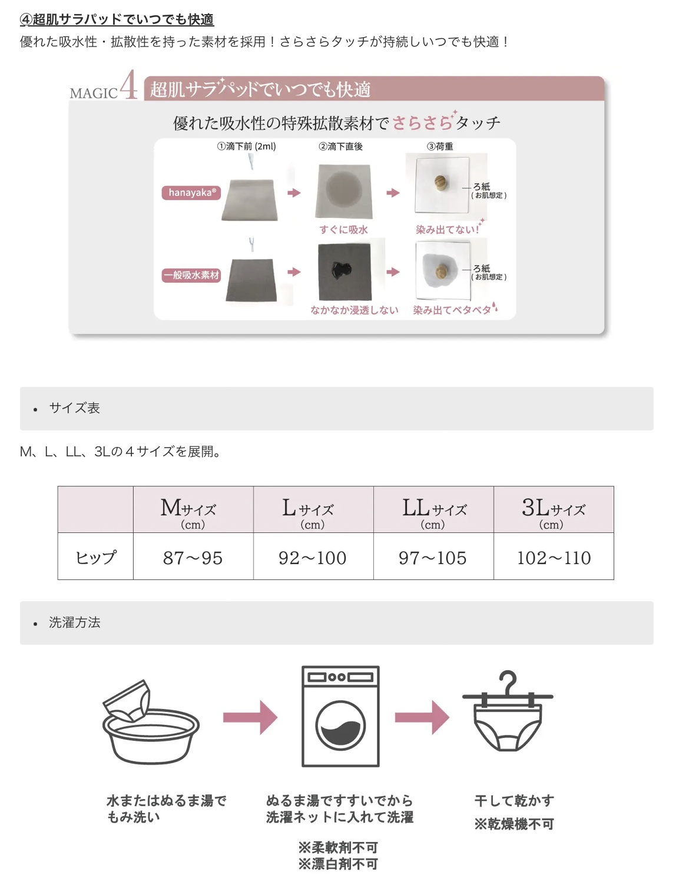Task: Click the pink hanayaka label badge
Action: pyautogui.click(x=191, y=193)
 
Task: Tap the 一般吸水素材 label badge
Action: pyautogui.click(x=191, y=275)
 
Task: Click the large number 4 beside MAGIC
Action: pyautogui.click(x=128, y=85)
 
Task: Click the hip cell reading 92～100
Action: pyautogui.click(x=313, y=558)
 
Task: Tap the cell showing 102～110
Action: pyautogui.click(x=554, y=558)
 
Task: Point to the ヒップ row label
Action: pyautogui.click(x=96, y=558)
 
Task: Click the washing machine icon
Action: pyautogui.click(x=340, y=716)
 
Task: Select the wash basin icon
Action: pyautogui.click(x=151, y=722)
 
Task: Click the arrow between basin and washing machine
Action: pyautogui.click(x=250, y=717)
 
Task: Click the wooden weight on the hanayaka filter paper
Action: pyautogui.click(x=440, y=183)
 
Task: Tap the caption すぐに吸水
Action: pyautogui.click(x=343, y=230)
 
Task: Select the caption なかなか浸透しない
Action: pyautogui.click(x=354, y=310)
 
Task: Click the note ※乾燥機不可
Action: pyautogui.click(x=514, y=824)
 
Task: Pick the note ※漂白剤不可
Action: pyautogui.click(x=338, y=864)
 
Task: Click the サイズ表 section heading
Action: pyautogui.click(x=74, y=408)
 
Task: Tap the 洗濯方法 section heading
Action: pyautogui.click(x=74, y=622)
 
